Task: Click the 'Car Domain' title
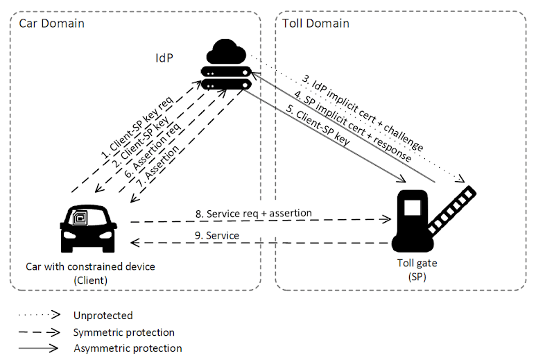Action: pyautogui.click(x=51, y=24)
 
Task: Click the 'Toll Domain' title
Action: pyautogui.click(x=315, y=24)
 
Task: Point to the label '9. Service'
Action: pyautogui.click(x=216, y=236)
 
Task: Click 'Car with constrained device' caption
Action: pyautogui.click(x=90, y=266)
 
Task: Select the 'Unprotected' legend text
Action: pyautogui.click(x=103, y=316)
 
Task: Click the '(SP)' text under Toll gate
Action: pyautogui.click(x=417, y=277)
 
